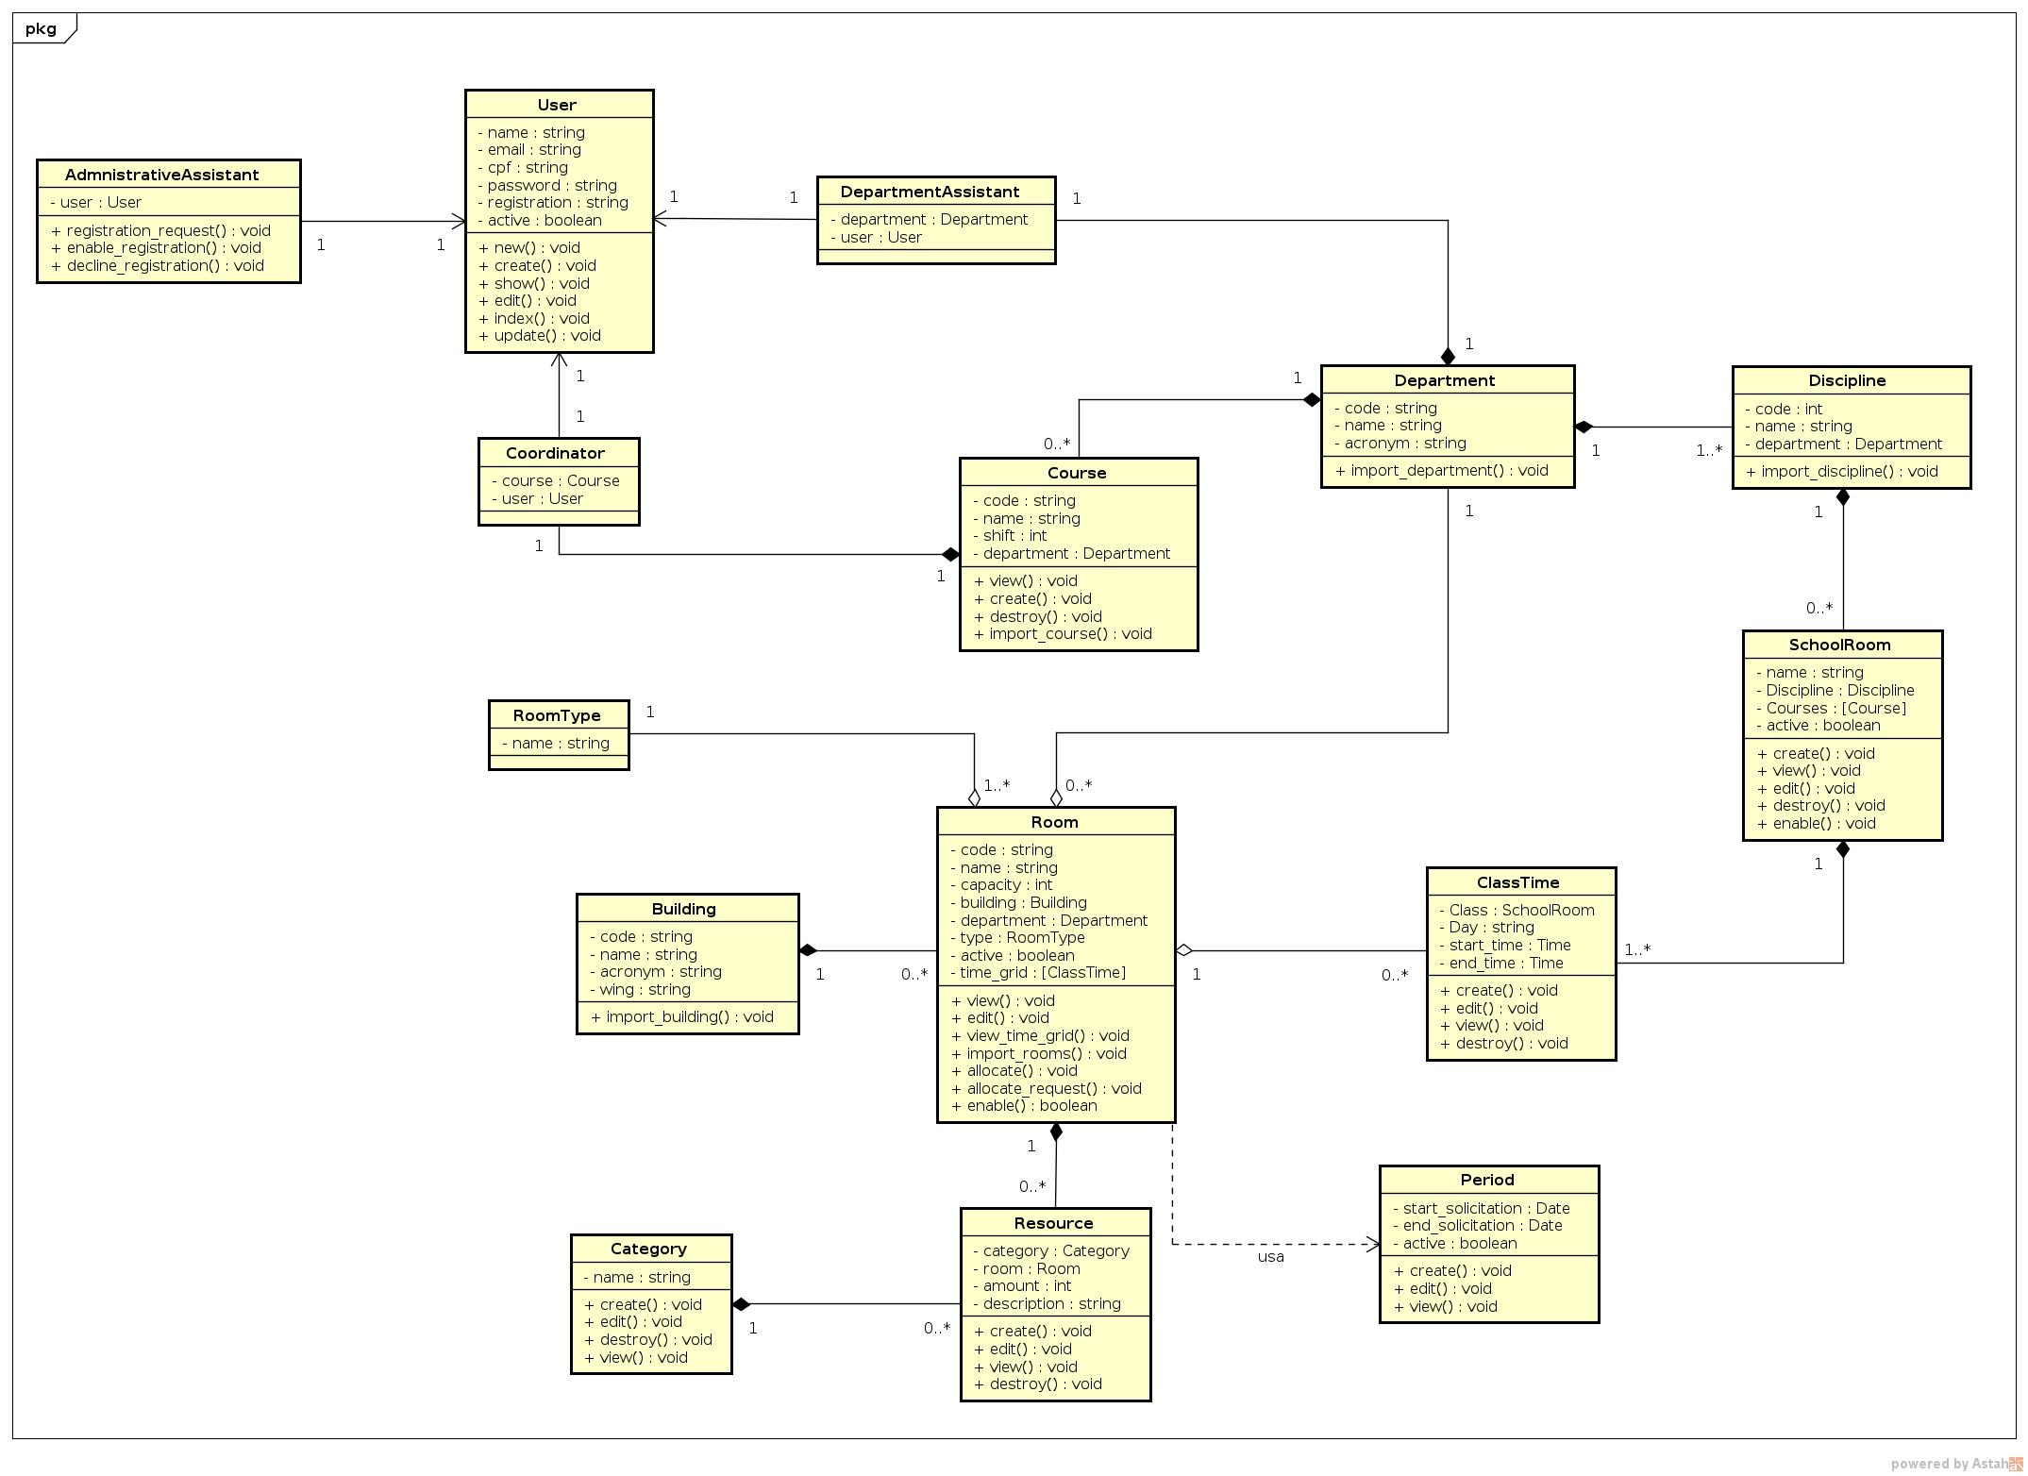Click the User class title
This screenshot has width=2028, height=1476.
pyautogui.click(x=557, y=105)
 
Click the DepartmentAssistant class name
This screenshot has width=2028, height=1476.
pyautogui.click(x=930, y=192)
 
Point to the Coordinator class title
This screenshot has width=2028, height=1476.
pyautogui.click(x=555, y=453)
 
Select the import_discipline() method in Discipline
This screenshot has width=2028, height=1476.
pyautogui.click(x=1841, y=471)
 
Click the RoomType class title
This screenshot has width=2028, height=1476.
pyautogui.click(x=557, y=715)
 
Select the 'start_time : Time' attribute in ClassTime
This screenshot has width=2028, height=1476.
pyautogui.click(x=1510, y=945)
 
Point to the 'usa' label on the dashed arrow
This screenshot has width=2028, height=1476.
pyautogui.click(x=1270, y=1256)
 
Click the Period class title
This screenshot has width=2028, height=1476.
pyautogui.click(x=1487, y=1180)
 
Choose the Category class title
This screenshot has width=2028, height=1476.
pyautogui.click(x=648, y=1249)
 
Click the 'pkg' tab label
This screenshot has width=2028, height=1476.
pyautogui.click(x=41, y=28)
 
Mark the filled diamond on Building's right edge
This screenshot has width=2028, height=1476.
pyautogui.click(x=809, y=950)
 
